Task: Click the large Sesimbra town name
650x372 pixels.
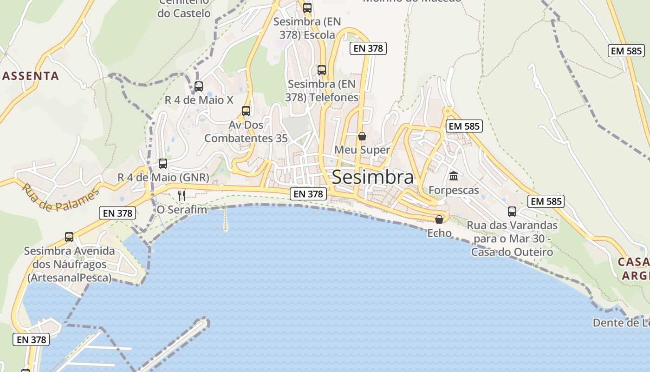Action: pyautogui.click(x=372, y=177)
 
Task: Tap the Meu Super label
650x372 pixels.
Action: pyautogui.click(x=362, y=150)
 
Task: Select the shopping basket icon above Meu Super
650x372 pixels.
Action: pyautogui.click(x=362, y=136)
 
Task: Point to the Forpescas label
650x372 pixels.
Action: pyautogui.click(x=454, y=190)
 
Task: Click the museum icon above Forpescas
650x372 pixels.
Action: pyautogui.click(x=454, y=176)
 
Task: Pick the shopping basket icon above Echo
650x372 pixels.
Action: pyautogui.click(x=439, y=219)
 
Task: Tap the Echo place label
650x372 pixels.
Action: pyautogui.click(x=439, y=233)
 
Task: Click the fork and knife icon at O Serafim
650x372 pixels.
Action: pyautogui.click(x=182, y=195)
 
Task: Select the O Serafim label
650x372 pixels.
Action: pyautogui.click(x=182, y=210)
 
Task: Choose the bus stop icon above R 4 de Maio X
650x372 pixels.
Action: pyautogui.click(x=199, y=86)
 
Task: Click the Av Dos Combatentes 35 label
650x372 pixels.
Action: pyautogui.click(x=246, y=132)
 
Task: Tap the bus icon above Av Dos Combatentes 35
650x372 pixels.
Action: pyautogui.click(x=246, y=111)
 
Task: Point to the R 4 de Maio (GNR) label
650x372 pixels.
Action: pyautogui.click(x=163, y=178)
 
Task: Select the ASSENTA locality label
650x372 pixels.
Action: pyautogui.click(x=31, y=76)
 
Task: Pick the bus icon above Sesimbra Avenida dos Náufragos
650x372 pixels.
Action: pyautogui.click(x=69, y=237)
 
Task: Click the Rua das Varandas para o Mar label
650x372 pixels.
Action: pyautogui.click(x=512, y=239)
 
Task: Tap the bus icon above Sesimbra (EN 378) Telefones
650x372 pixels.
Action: pyautogui.click(x=322, y=70)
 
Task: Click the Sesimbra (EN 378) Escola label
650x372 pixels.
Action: pyautogui.click(x=307, y=28)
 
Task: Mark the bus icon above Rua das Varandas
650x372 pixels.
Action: pyautogui.click(x=512, y=211)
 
